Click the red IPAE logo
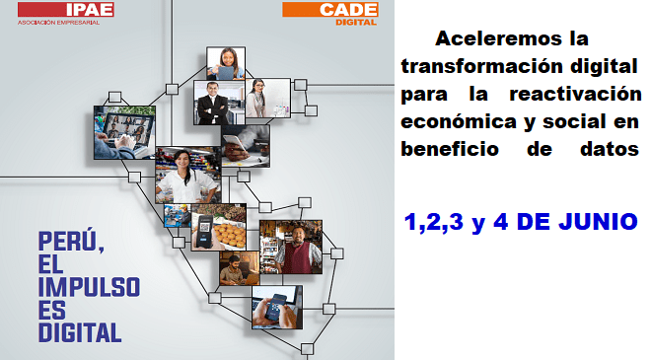[66, 9]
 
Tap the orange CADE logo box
[330, 9]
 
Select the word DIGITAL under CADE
[356, 22]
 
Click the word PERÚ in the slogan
[71, 242]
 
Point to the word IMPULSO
[89, 287]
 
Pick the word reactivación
[575, 94]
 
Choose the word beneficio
[450, 149]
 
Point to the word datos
[609, 149]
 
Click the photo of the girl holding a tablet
[226, 63]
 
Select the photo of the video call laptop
[124, 132]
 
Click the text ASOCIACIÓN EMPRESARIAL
[58, 23]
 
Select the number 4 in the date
[501, 221]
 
